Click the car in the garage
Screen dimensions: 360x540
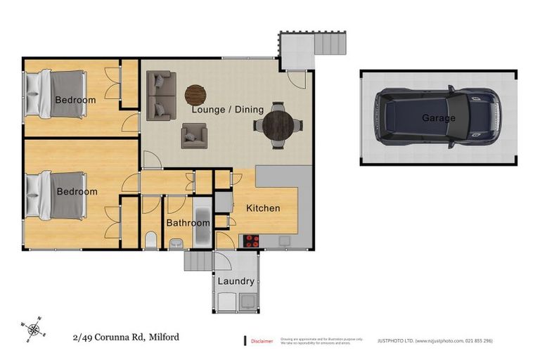(439, 117)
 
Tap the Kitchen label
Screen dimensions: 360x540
(263, 208)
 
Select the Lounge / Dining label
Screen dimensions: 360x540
(228, 110)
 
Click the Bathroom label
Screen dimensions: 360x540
(188, 223)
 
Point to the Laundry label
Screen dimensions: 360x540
(236, 281)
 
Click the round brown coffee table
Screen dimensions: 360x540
(195, 94)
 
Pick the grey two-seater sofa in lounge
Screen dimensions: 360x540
(162, 94)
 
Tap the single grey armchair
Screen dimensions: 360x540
(193, 136)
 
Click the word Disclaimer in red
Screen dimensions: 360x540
(262, 342)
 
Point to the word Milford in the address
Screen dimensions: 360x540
(163, 337)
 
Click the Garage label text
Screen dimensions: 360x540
(438, 118)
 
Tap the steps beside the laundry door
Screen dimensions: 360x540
(198, 262)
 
